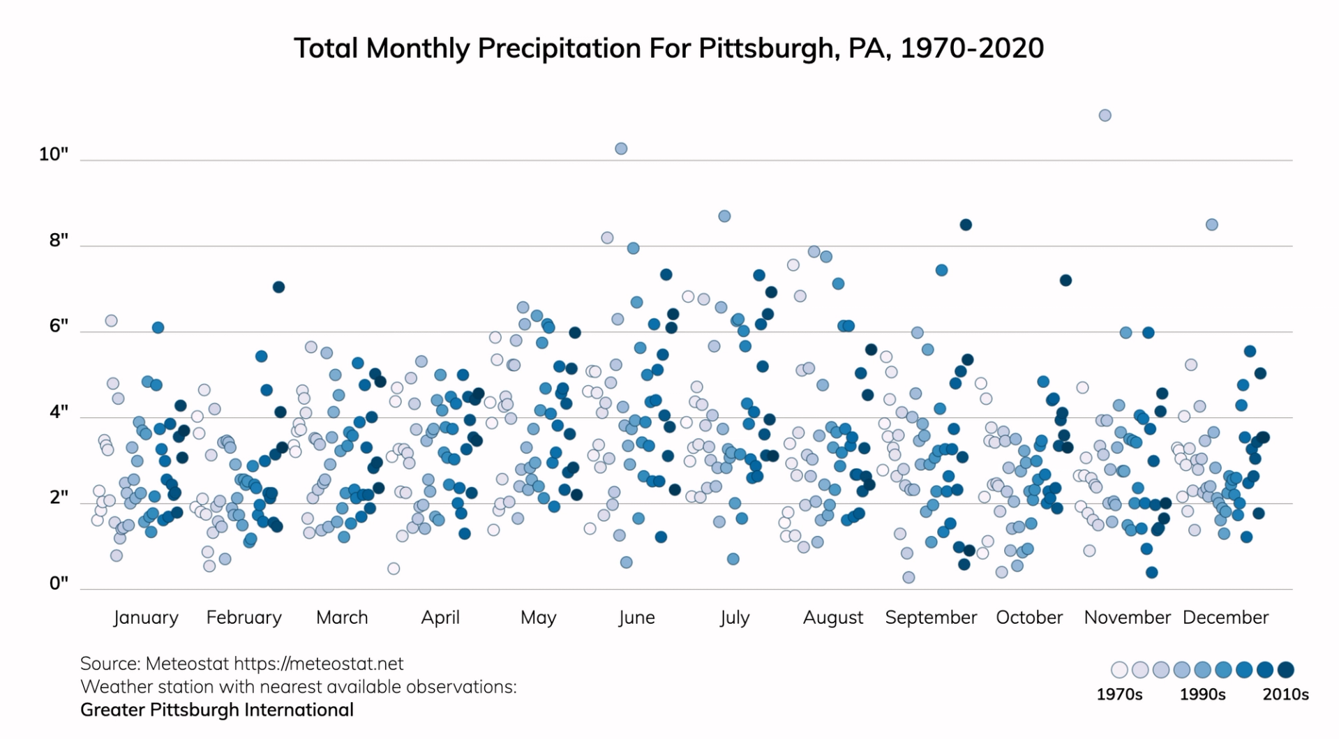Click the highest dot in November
coord(1105,115)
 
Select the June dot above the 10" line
coord(621,149)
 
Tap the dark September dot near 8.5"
coord(966,225)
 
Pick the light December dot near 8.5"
coord(1212,225)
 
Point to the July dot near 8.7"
coord(724,216)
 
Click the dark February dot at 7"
coord(278,287)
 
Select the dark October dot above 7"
coord(1065,281)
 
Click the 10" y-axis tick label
coord(54,154)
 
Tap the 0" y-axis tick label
coord(59,583)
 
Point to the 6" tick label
coord(59,326)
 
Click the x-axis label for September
coord(931,618)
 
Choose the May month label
coord(538,618)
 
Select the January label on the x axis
coord(146,618)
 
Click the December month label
coord(1225,618)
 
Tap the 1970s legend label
coord(1119,694)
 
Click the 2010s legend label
coord(1285,694)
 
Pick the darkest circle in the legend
coord(1286,670)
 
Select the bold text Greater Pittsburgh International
coord(217,710)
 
